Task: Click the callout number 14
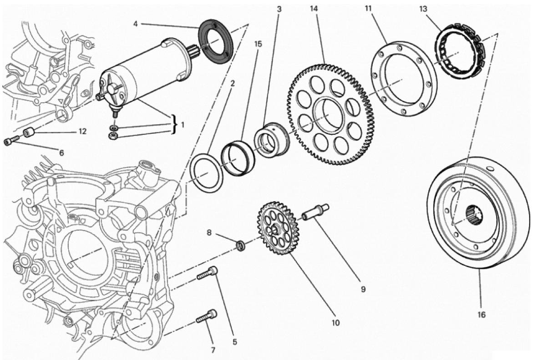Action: pos(314,9)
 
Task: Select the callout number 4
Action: pos(136,24)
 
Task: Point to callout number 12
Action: pos(82,132)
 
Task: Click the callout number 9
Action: pos(363,289)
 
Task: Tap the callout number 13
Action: pos(423,9)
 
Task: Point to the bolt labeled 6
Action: pos(11,142)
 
